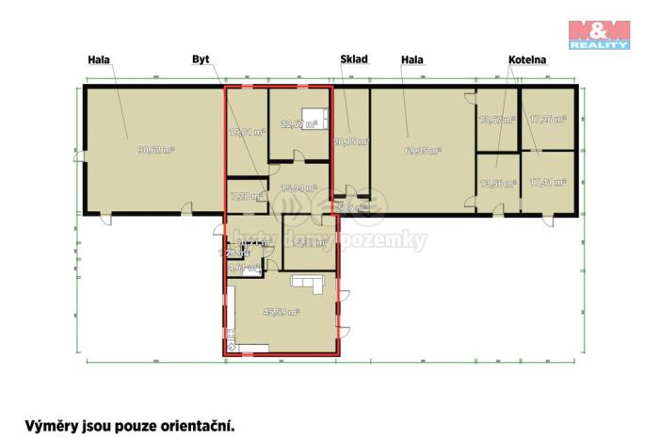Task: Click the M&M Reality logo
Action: click(x=599, y=33)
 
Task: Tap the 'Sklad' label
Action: click(x=353, y=59)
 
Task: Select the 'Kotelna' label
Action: click(x=527, y=59)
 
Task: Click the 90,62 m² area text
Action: click(x=155, y=149)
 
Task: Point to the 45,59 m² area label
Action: click(x=282, y=311)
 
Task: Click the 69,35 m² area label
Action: click(x=423, y=149)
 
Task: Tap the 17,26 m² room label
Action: click(x=547, y=120)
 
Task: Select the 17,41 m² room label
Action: click(x=547, y=183)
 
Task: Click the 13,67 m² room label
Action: click(x=496, y=120)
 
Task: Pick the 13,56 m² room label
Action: click(x=496, y=184)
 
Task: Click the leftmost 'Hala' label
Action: click(x=98, y=59)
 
